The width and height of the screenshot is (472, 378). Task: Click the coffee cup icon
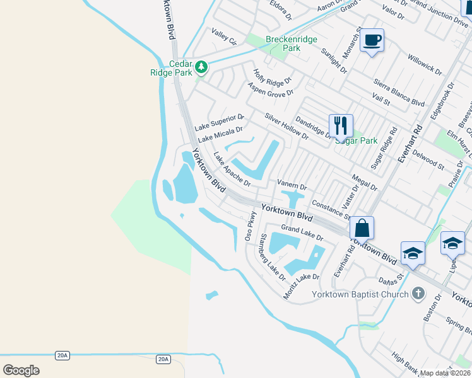372,40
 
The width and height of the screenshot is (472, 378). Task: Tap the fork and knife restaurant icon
341,125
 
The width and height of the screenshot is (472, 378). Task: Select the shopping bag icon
362,227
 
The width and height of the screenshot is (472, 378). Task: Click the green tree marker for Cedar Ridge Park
201,66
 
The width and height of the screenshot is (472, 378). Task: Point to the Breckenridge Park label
283,43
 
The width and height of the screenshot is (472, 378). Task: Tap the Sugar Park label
357,140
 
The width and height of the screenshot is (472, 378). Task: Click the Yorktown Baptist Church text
360,294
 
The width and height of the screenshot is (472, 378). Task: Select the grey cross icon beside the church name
417,293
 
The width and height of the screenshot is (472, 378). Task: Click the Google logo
21,370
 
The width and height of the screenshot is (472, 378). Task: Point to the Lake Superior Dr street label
219,122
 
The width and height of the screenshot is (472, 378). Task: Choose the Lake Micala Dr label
220,134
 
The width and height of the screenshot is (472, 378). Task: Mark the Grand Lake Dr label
302,232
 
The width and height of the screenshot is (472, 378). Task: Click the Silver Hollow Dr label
286,126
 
